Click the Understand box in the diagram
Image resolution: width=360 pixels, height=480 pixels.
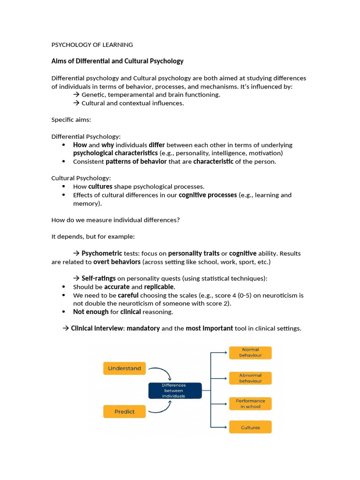click(x=124, y=368)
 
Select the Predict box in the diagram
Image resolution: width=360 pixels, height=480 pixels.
click(x=124, y=412)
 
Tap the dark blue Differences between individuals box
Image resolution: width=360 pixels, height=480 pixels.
click(x=174, y=390)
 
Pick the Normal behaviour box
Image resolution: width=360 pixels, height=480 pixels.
click(x=250, y=352)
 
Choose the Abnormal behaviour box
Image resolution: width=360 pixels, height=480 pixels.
click(x=250, y=378)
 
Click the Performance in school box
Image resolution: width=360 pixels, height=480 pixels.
click(x=250, y=404)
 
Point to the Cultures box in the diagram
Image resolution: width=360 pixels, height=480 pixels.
click(x=250, y=427)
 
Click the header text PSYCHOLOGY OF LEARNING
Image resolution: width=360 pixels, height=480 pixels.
click(x=92, y=45)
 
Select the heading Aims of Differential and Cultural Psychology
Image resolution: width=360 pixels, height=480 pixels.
click(x=117, y=61)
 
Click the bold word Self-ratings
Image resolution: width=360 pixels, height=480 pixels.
click(x=98, y=278)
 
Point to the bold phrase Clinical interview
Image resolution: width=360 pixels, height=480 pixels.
click(x=97, y=329)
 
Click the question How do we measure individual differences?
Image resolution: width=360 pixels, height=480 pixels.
click(x=115, y=220)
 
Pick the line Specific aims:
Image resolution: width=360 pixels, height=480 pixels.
click(x=71, y=120)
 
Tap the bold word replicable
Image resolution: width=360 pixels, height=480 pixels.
click(x=159, y=287)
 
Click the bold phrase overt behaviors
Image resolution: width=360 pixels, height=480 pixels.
click(x=117, y=262)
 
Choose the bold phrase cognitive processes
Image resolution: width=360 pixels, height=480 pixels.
click(x=207, y=195)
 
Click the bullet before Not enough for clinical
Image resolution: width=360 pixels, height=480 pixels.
click(x=63, y=312)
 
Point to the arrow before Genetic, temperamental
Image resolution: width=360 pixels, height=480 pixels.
click(x=76, y=95)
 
